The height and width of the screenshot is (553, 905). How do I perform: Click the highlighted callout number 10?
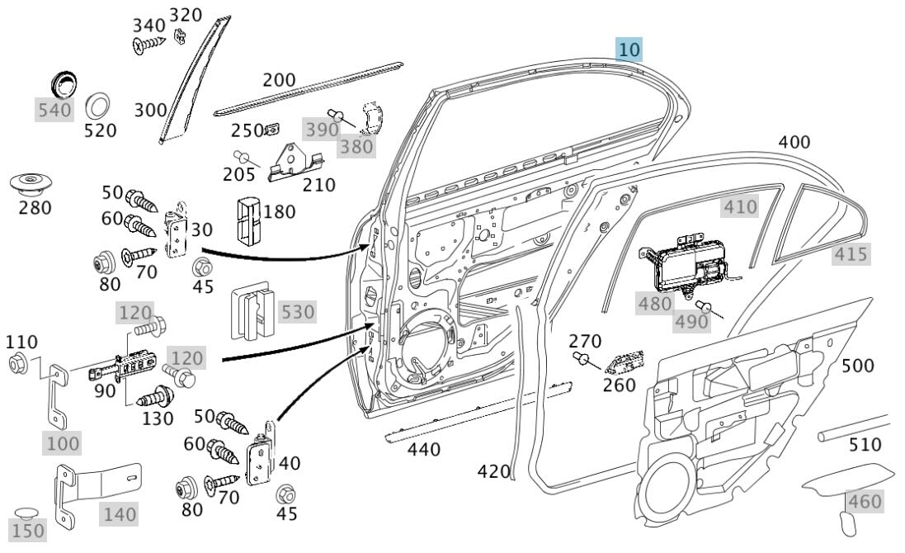click(x=629, y=50)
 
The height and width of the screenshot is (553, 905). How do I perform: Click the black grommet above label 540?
click(x=62, y=83)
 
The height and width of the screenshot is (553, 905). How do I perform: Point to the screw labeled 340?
click(x=149, y=46)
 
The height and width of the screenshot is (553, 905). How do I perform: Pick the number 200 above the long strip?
click(x=279, y=81)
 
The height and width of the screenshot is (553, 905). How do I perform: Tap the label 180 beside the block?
click(x=280, y=212)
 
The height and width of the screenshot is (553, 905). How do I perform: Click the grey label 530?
click(x=298, y=312)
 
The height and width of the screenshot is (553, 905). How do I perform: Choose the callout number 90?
click(x=105, y=390)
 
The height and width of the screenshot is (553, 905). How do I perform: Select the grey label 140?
click(x=120, y=514)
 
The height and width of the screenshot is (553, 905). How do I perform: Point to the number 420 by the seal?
click(x=494, y=471)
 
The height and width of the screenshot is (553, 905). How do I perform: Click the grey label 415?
click(x=851, y=254)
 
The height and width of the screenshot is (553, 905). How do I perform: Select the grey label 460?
click(x=865, y=501)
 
